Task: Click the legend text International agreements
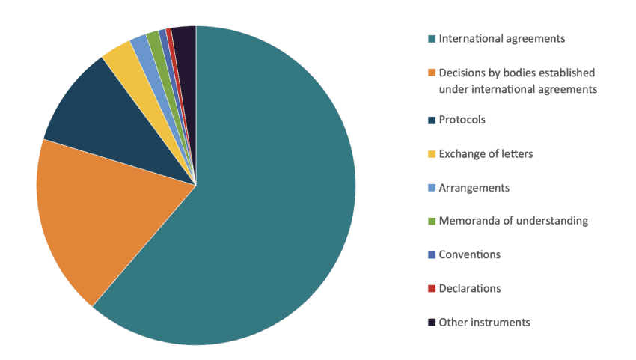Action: click(x=501, y=38)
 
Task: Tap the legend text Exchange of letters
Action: click(x=486, y=153)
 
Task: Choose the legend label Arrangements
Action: click(x=474, y=187)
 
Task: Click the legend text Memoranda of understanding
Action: click(x=513, y=221)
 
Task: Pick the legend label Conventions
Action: click(x=470, y=254)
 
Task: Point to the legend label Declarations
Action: click(x=470, y=288)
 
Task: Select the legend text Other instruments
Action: click(x=484, y=322)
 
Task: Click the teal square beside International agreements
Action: click(x=431, y=38)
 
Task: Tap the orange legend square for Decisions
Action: click(x=431, y=73)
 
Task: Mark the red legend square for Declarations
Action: click(x=431, y=288)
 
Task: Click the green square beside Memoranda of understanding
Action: click(x=431, y=221)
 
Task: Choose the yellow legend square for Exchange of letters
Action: click(x=431, y=153)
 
